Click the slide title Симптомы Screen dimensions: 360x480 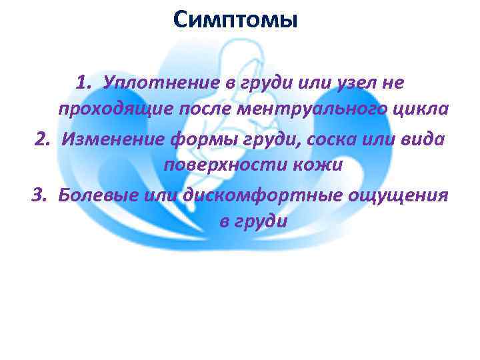(x=234, y=19)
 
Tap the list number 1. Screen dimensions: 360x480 (x=83, y=83)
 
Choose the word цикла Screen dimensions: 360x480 (x=417, y=110)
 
